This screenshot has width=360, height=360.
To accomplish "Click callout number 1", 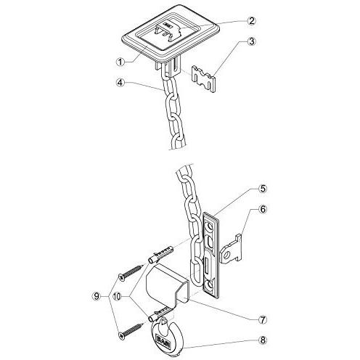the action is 120,62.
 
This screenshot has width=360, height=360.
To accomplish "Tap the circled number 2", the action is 251,21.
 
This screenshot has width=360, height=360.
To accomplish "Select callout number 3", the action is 252,41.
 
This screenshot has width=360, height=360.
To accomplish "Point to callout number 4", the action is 120,83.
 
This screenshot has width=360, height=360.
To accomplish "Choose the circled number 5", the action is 263,189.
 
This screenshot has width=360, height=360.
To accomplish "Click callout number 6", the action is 263,209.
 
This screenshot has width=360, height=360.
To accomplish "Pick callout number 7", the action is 263,319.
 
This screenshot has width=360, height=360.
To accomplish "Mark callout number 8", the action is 263,340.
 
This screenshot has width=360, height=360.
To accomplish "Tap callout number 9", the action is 97,296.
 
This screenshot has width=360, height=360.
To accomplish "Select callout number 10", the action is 118,296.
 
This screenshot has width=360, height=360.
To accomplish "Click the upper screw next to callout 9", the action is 131,273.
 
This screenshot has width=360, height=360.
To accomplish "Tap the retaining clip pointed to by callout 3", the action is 203,80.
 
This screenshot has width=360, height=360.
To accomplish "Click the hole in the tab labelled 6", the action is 227,255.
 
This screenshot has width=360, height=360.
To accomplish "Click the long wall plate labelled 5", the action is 211,255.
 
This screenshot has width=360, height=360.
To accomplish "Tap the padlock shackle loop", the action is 165,322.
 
